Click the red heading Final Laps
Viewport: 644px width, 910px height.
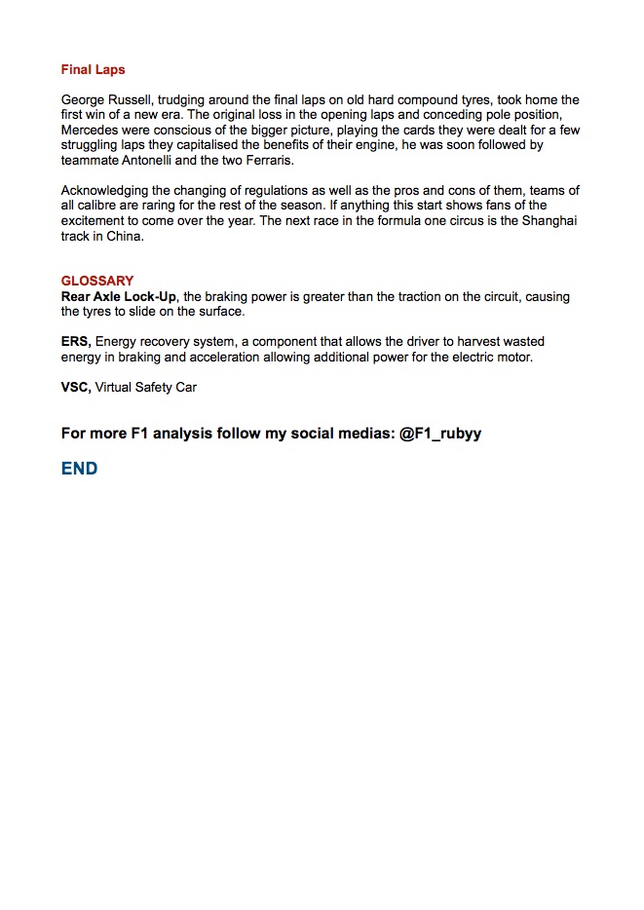tap(93, 70)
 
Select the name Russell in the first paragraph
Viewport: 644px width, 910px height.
tap(130, 99)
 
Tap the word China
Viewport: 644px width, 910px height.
tap(125, 236)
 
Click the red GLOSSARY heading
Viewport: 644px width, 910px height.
tap(97, 281)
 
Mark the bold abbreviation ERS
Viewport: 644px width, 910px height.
tap(75, 342)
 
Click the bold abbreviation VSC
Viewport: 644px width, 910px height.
tap(75, 387)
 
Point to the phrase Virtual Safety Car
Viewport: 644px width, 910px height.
tap(146, 387)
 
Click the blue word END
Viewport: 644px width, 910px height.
tap(79, 469)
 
